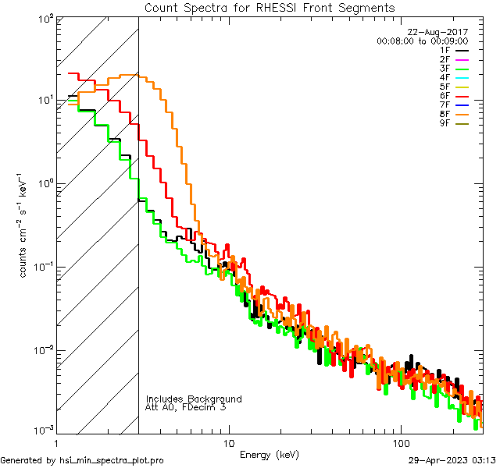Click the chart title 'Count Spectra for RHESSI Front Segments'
pos(270,8)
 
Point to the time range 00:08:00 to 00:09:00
pos(422,41)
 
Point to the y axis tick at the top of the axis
pos(44,17)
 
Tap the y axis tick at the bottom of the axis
pos(42,431)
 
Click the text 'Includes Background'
pos(194,399)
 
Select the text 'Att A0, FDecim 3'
pos(186,407)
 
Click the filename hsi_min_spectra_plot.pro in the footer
pos(112,460)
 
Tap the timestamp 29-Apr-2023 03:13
pos(452,460)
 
